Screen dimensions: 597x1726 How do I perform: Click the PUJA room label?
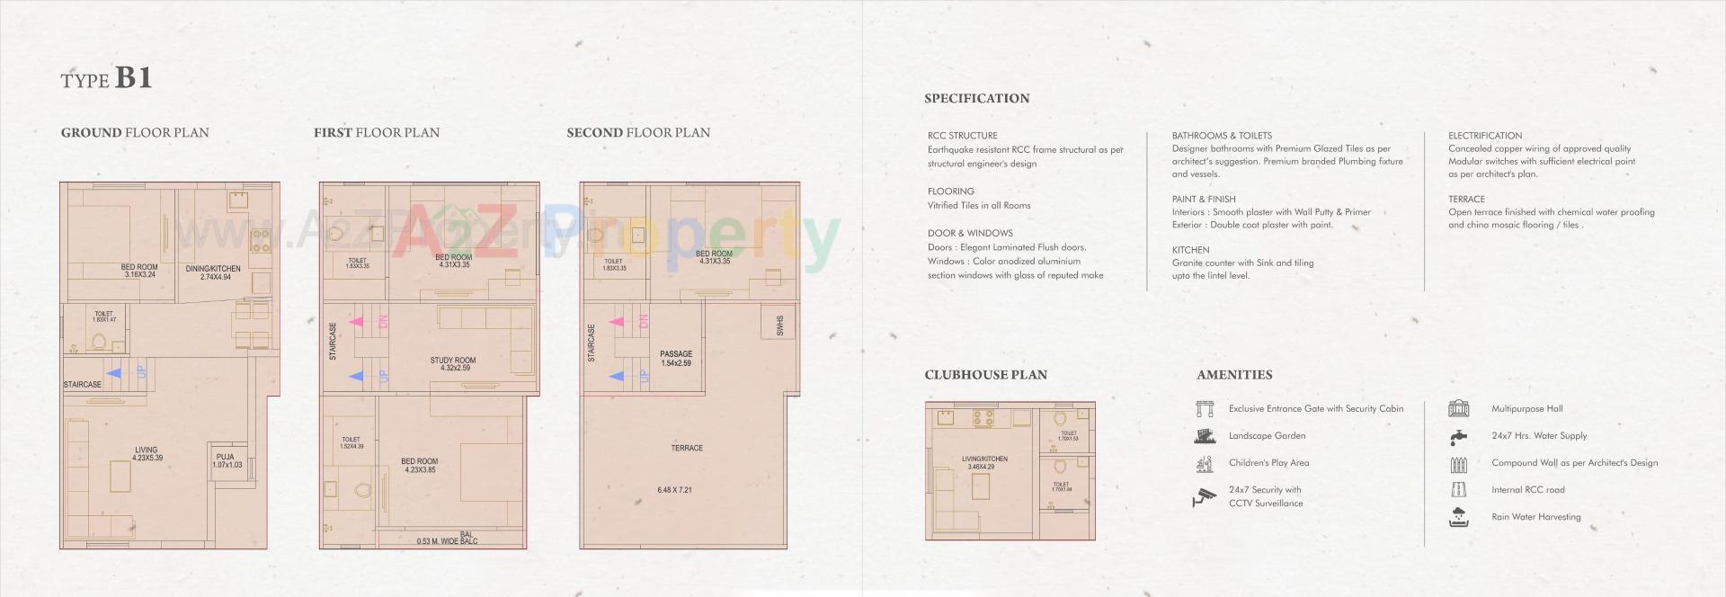226,458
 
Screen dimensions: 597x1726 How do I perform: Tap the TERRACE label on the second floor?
687,448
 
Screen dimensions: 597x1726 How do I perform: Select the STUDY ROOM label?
452,361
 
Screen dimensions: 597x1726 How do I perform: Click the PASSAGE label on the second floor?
676,354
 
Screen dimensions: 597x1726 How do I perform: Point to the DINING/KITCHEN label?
213,269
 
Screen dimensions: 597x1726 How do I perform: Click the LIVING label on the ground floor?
147,450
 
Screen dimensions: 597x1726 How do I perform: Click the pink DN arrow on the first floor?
356,321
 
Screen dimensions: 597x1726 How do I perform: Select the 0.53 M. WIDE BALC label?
447,541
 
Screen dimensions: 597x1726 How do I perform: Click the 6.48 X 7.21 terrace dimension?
674,490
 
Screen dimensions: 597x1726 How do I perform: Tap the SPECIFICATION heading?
976,99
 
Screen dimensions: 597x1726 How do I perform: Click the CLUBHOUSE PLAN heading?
985,375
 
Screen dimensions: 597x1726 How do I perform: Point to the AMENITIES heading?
1234,375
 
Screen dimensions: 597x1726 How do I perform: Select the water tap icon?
1458,437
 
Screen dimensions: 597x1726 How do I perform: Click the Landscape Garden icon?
1205,436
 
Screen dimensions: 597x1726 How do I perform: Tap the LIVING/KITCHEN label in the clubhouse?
984,459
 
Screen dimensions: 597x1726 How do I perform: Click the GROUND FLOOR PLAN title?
135,133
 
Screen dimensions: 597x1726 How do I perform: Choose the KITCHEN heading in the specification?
1190,250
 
